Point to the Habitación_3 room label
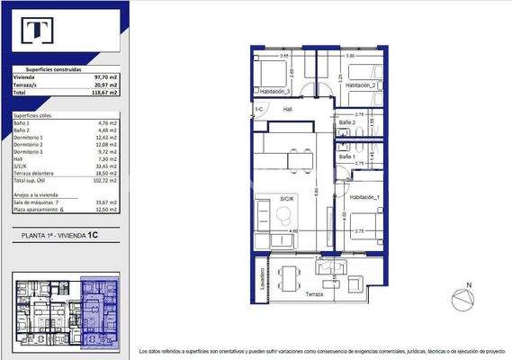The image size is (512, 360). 274,91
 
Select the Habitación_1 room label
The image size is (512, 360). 364,197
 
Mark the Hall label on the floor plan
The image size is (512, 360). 288,109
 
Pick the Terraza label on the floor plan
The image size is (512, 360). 312,294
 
